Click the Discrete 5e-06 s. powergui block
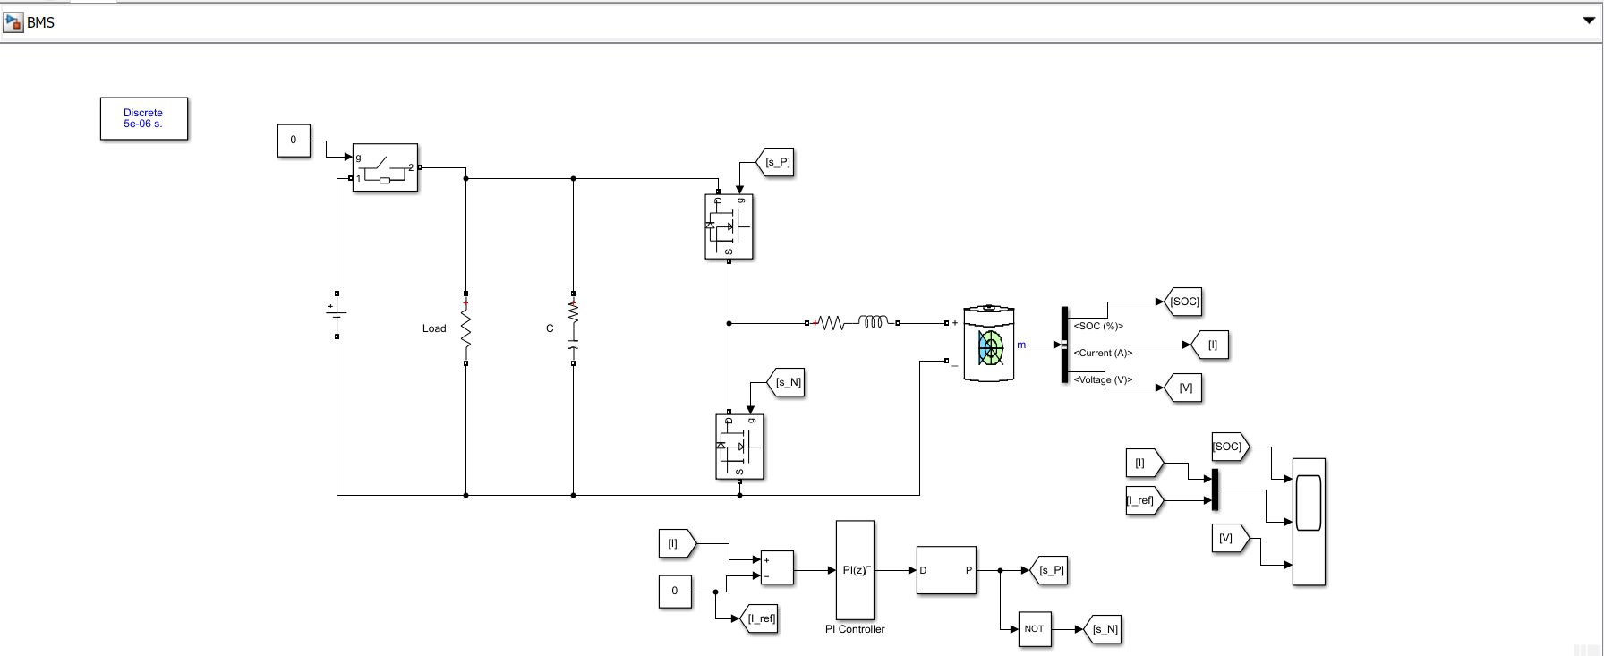[143, 118]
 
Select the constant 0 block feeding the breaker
[294, 140]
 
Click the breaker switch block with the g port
[385, 167]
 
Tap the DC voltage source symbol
[337, 312]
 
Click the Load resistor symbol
[465, 328]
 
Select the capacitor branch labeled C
[573, 328]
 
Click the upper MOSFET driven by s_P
[729, 226]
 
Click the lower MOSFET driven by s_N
[739, 447]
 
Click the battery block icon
[988, 345]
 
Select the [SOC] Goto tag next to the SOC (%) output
[1183, 302]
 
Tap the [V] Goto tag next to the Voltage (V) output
[1184, 388]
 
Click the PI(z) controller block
[855, 570]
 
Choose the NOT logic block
[1034, 628]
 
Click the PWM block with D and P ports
[946, 570]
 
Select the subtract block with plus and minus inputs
[776, 567]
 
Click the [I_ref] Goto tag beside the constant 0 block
[761, 618]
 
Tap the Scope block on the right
[1309, 521]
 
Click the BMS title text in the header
[40, 22]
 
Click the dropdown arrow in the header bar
[1589, 21]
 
